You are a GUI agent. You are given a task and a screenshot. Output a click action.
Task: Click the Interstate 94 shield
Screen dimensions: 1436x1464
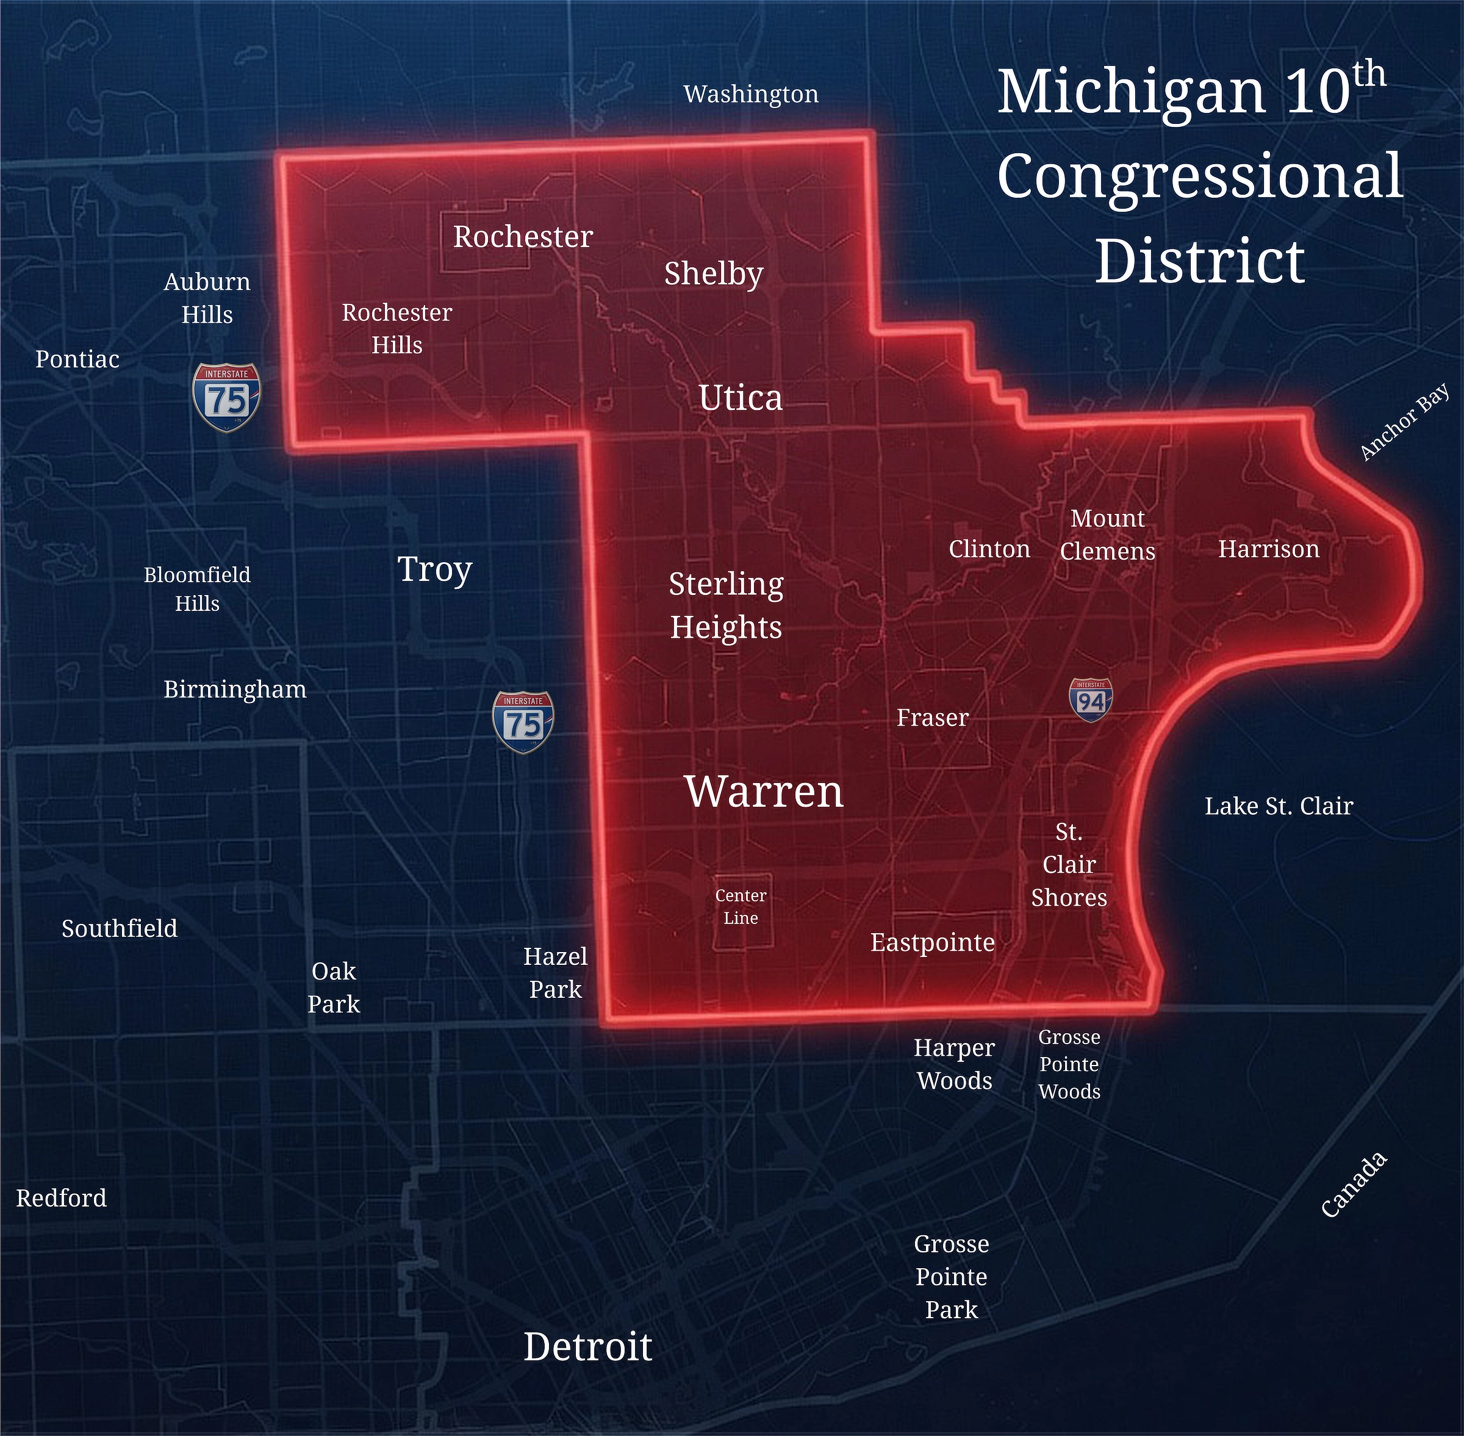point(1090,700)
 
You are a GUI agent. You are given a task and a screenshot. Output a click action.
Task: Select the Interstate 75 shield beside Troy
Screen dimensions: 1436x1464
point(522,723)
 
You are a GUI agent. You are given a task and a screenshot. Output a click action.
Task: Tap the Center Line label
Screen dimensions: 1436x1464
point(741,906)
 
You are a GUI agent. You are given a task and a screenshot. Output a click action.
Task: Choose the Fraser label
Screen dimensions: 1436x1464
point(933,717)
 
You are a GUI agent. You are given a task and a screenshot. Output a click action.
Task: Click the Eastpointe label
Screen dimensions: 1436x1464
point(933,942)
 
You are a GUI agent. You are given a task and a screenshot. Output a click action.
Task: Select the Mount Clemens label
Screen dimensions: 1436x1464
point(1107,535)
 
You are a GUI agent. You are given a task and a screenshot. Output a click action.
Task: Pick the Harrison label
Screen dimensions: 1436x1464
point(1269,549)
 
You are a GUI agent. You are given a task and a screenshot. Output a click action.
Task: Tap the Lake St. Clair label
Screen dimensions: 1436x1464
point(1279,806)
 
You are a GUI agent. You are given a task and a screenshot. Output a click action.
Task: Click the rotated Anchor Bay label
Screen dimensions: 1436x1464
point(1404,422)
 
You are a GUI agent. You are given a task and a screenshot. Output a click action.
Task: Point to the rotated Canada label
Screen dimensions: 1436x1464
point(1355,1184)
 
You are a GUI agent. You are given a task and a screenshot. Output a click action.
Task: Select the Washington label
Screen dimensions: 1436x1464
point(751,94)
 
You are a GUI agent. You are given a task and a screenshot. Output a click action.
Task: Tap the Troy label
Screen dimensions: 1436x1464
point(435,569)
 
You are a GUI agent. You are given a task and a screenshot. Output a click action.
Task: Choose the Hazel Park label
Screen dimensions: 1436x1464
point(556,973)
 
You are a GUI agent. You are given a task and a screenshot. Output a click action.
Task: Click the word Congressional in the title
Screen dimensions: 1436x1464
point(1200,176)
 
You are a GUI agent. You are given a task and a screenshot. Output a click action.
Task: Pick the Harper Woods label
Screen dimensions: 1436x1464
point(955,1064)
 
